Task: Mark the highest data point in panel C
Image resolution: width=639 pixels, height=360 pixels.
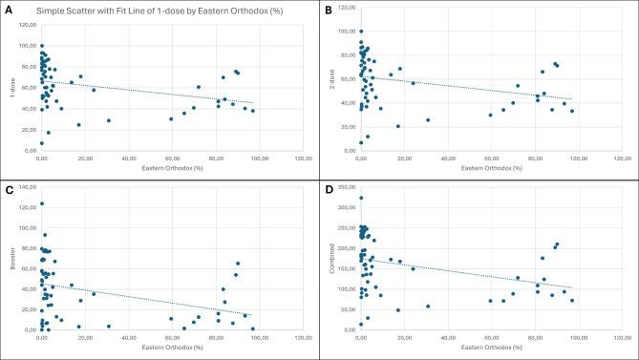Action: pyautogui.click(x=42, y=203)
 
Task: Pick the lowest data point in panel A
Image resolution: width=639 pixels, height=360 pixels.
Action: pyautogui.click(x=41, y=143)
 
